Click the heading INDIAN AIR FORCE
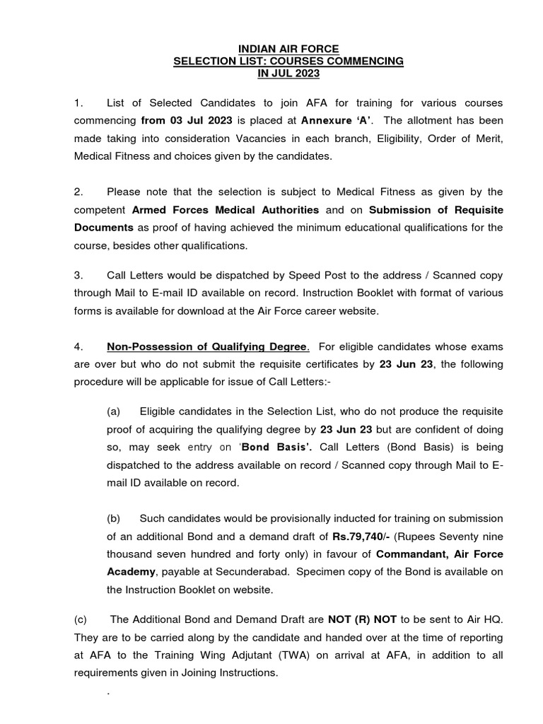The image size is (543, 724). [288, 49]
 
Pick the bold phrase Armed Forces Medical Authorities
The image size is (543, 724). [226, 210]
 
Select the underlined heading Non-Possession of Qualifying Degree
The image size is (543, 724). [208, 346]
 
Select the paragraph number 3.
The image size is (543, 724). [78, 274]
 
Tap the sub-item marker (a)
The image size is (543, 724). [114, 410]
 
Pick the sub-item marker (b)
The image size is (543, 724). [114, 519]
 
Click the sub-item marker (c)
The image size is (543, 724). [81, 619]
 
